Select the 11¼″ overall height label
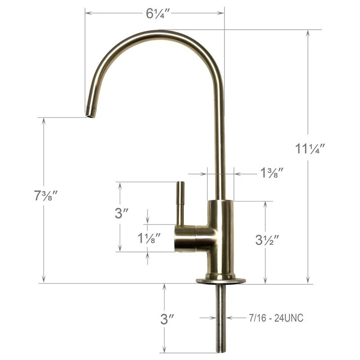pos(310,148)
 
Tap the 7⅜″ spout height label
pos(45,196)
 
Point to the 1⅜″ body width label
pos(272,173)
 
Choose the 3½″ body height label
pos(267,240)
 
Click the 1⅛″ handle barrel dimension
pos(149,238)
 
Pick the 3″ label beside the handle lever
pos(121,213)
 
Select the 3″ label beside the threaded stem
pos(167,319)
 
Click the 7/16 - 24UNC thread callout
pos(276,318)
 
